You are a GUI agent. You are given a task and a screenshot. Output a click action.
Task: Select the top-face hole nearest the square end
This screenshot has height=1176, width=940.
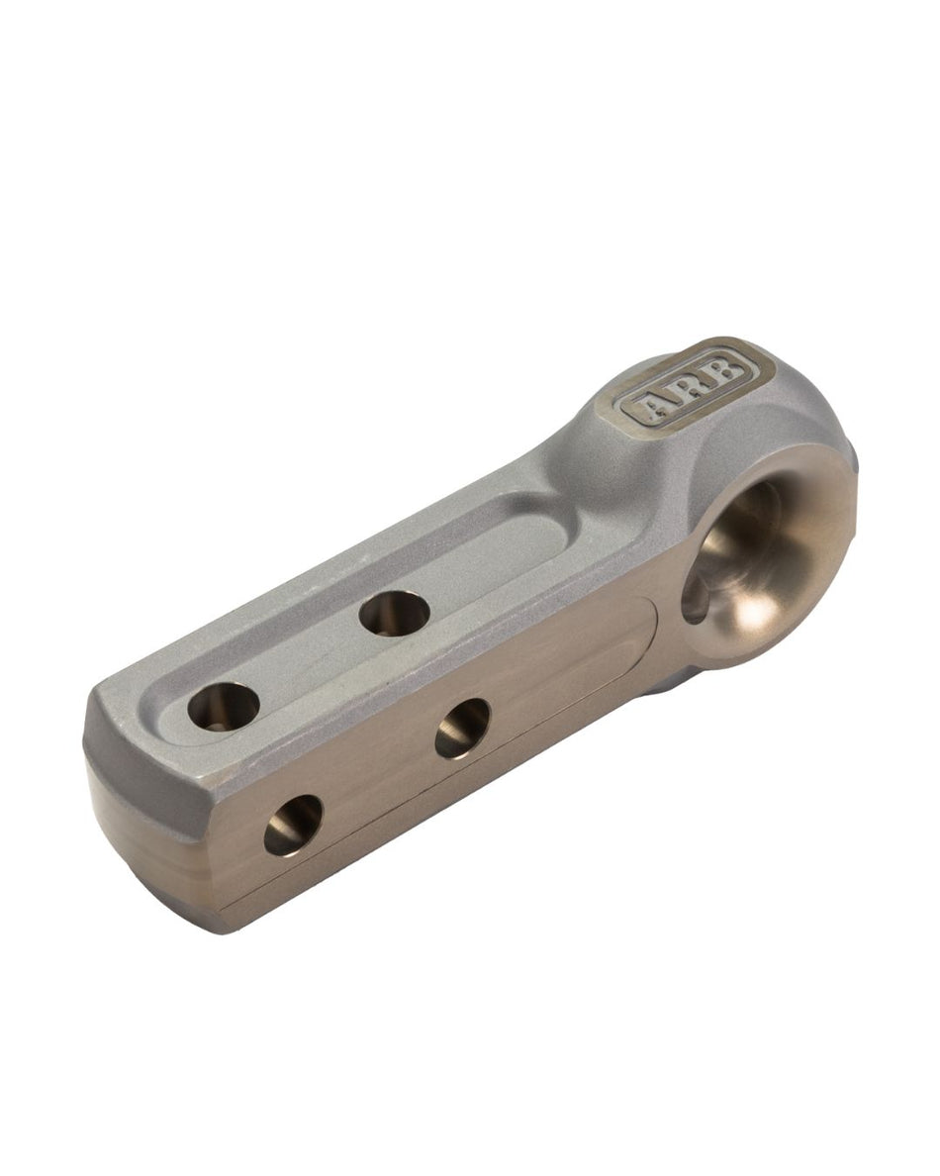click(x=224, y=704)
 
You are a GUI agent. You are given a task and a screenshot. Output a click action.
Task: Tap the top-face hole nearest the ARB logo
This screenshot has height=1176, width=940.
click(x=394, y=614)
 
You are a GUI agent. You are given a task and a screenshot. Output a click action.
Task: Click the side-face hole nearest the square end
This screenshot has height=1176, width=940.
click(x=293, y=825)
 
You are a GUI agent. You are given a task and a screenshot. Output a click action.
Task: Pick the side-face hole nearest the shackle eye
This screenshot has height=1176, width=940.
click(x=462, y=728)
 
